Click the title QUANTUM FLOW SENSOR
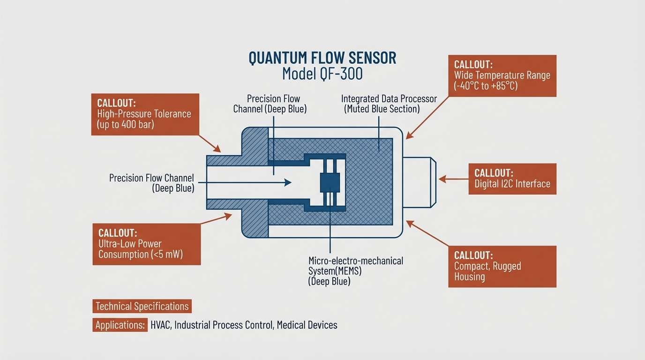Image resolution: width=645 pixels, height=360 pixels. [x=322, y=58]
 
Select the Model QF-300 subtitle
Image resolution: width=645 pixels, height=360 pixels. [x=322, y=74]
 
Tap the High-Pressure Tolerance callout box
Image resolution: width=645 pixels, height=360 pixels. [x=145, y=114]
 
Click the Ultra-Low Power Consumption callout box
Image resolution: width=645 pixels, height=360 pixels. [x=146, y=244]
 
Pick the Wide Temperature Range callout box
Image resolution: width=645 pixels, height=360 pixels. [x=502, y=75]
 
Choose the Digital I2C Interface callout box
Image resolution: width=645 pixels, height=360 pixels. [x=512, y=179]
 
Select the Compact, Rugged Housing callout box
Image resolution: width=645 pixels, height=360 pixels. [x=502, y=266]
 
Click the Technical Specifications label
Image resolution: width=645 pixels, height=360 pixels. [x=142, y=307]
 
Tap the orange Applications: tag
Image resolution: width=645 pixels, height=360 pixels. [x=119, y=325]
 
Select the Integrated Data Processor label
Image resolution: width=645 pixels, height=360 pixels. [x=389, y=104]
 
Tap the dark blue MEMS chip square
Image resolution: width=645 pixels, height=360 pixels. [x=330, y=182]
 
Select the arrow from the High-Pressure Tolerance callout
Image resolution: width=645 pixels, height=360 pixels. [x=210, y=143]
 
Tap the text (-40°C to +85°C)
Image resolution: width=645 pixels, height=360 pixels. [x=486, y=86]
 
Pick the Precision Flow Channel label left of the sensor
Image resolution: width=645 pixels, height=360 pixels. [x=151, y=183]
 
